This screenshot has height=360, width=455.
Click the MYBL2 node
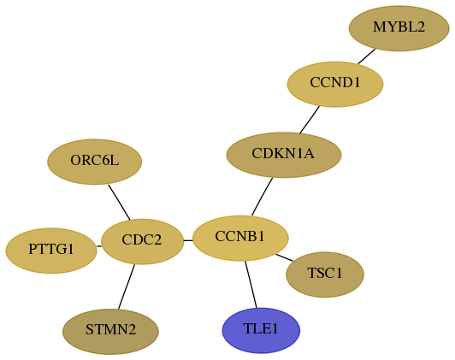[399, 28]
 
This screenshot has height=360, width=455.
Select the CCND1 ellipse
[335, 84]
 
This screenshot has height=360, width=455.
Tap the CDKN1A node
[284, 155]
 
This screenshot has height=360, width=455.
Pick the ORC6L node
[95, 162]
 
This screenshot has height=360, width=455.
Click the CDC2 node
[143, 241]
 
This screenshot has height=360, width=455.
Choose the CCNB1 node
[240, 239]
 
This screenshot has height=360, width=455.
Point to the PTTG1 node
[51, 251]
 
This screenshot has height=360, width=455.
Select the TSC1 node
[325, 274]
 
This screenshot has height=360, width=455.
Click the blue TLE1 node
[261, 330]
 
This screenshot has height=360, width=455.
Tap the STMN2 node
[110, 332]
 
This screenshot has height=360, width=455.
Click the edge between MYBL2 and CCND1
[367, 56]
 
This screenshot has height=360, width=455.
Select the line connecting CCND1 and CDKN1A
[310, 120]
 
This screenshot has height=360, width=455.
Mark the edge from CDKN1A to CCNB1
[262, 197]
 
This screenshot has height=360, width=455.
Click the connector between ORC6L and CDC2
[119, 202]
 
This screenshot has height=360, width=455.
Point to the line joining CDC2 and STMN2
[127, 286]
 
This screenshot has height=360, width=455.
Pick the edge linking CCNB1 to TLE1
[251, 284]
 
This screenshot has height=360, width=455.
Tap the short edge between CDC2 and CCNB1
[188, 240]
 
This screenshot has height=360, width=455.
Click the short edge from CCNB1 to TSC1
[284, 257]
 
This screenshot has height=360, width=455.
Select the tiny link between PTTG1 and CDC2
[99, 246]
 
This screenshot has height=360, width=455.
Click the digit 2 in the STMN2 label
[132, 330]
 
